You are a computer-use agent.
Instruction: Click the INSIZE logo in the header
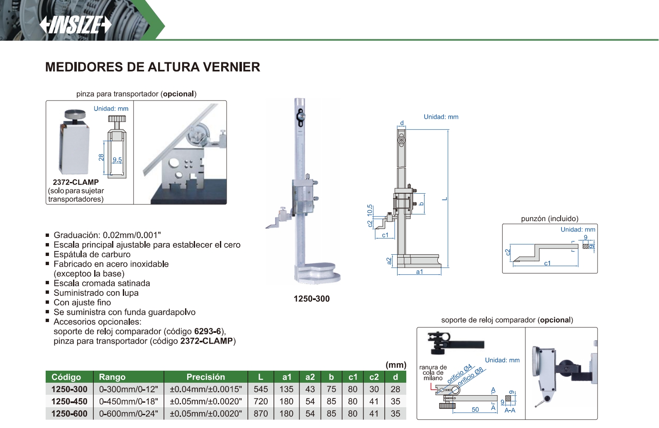point(76,25)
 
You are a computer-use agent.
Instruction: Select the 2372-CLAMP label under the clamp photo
point(76,182)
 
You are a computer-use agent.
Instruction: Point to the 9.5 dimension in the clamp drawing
point(117,160)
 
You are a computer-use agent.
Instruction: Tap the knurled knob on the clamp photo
point(75,114)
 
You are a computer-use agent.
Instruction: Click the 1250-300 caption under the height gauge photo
point(312,299)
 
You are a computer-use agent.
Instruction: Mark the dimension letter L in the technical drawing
point(445,199)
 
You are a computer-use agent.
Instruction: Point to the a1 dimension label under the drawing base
point(419,272)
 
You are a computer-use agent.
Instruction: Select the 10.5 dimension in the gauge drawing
point(370,210)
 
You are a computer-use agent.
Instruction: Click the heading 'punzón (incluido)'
point(549,219)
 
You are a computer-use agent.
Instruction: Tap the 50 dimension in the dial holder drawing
point(475,409)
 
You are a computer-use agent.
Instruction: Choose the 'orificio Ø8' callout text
point(470,376)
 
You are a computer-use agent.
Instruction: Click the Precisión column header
point(206,377)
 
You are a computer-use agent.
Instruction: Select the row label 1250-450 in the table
point(69,401)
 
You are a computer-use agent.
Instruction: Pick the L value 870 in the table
point(261,413)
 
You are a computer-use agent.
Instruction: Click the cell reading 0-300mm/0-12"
point(129,389)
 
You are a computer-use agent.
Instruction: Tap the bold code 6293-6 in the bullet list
point(208,331)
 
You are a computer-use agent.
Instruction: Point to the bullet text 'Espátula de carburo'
point(92,254)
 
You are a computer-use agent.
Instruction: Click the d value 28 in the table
point(395,389)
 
